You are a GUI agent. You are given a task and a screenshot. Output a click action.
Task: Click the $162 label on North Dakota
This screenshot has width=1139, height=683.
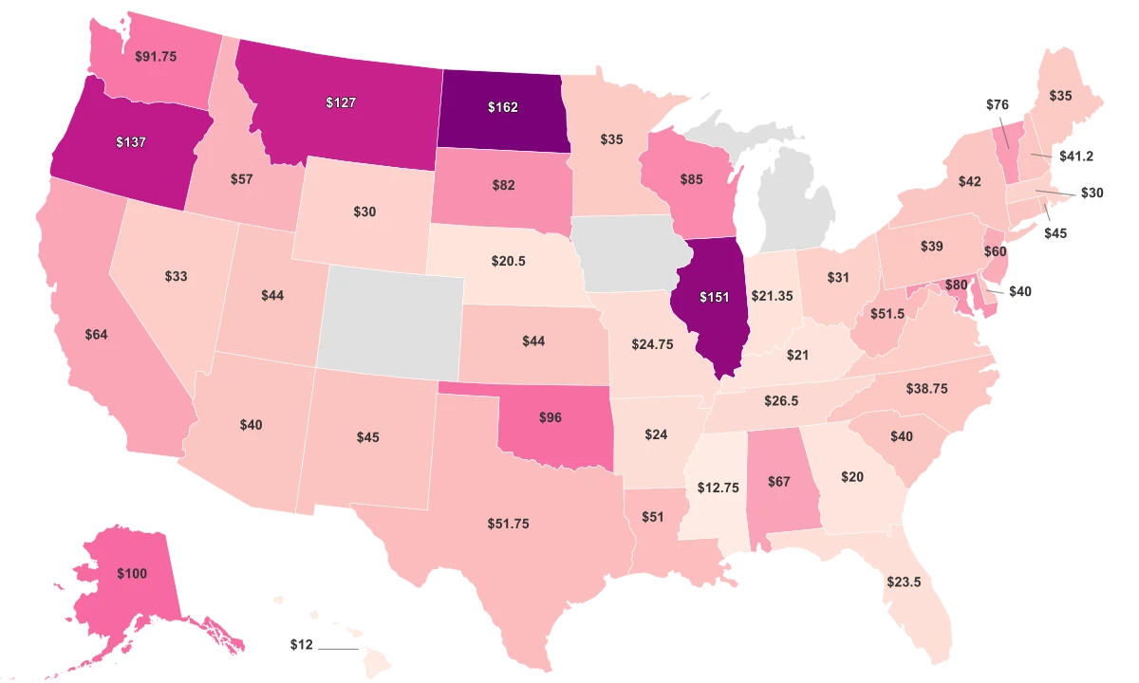point(502,107)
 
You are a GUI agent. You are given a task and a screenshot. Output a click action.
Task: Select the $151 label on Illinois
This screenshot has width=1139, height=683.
point(714,298)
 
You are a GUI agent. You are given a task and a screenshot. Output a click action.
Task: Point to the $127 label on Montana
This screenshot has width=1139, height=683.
point(340,102)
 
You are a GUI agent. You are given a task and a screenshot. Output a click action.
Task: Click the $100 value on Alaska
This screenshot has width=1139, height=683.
point(132,574)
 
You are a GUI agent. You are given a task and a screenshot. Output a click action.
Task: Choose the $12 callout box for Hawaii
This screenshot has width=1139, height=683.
point(302,644)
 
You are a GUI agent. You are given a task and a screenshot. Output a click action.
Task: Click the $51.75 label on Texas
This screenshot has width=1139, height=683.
point(508,523)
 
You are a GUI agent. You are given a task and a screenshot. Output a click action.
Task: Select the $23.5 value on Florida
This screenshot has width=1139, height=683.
point(903,581)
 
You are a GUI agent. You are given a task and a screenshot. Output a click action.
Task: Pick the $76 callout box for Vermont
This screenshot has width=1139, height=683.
point(996,104)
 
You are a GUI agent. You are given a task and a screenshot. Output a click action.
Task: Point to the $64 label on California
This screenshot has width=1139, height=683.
point(95,334)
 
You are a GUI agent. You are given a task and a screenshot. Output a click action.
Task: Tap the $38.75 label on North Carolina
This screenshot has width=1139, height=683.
point(927,389)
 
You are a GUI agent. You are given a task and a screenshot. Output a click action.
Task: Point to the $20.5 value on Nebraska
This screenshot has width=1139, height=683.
point(509,260)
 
